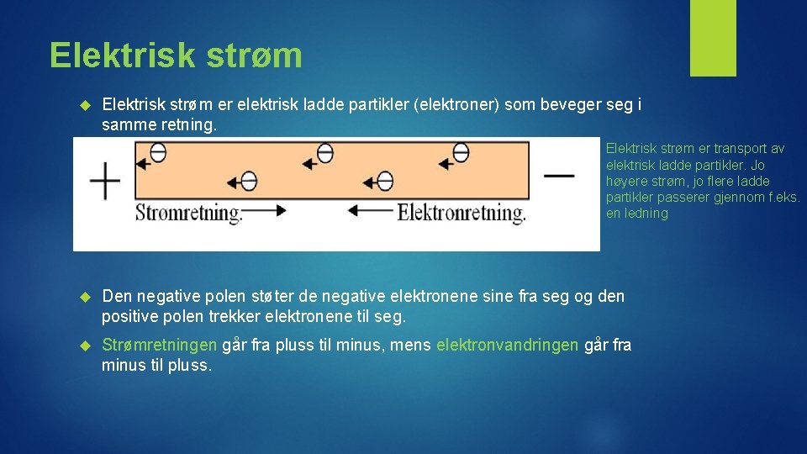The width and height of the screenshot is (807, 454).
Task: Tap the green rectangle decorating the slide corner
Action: (713, 38)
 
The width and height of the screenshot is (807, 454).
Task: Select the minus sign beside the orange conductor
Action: (558, 176)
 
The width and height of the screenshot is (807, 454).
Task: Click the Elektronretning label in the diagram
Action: (462, 213)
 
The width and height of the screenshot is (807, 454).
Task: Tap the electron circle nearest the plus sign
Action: (157, 153)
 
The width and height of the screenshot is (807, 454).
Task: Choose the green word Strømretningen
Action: (159, 346)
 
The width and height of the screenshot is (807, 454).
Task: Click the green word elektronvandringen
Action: (507, 346)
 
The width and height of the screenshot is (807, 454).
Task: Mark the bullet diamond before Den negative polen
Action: (83, 297)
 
